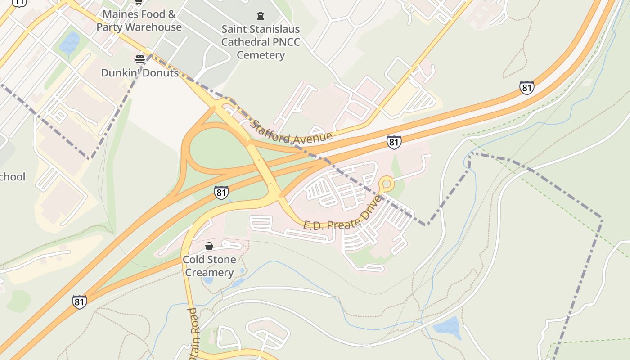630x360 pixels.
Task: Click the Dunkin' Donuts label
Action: (140, 72)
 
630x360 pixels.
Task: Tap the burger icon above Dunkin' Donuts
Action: (139, 59)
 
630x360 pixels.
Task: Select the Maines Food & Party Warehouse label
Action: (139, 20)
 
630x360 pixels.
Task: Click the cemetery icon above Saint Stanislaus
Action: (260, 16)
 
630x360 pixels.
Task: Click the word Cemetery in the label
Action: (261, 55)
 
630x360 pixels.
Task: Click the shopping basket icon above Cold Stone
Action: (209, 246)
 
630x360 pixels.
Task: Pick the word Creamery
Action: (210, 273)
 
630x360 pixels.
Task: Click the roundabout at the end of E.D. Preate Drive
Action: (386, 184)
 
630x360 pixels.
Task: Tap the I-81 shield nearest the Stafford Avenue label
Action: (394, 142)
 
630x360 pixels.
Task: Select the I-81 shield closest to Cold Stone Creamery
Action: (221, 193)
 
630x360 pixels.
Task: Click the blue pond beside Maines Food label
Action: (69, 43)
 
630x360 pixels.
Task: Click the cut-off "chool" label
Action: (13, 177)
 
